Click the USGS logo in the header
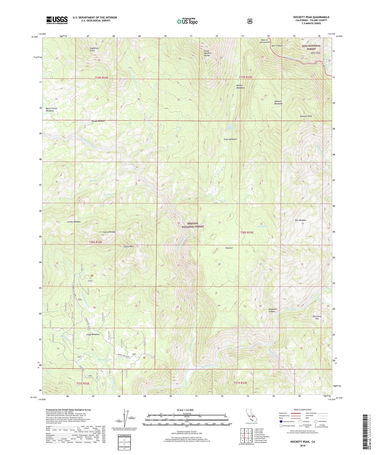(57, 20)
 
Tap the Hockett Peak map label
(306, 116)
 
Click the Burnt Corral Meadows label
(51, 109)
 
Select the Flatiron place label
(228, 248)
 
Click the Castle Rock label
(128, 247)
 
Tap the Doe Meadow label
(300, 220)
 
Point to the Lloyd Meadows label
(93, 334)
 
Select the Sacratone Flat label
(317, 317)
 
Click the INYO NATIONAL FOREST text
(311, 47)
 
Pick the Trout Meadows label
(230, 139)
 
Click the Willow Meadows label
(240, 87)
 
